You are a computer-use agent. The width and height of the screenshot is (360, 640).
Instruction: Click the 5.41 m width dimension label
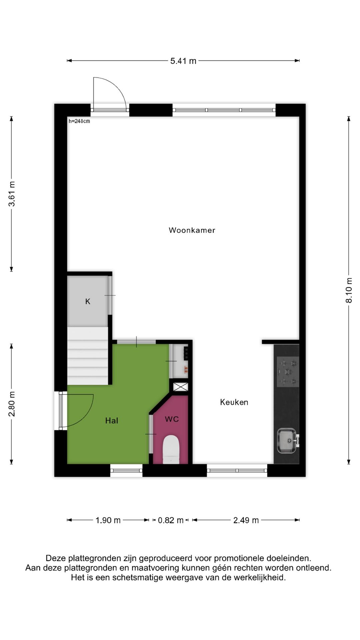pyautogui.click(x=183, y=61)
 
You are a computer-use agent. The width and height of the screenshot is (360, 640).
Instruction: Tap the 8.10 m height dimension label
pyautogui.click(x=349, y=290)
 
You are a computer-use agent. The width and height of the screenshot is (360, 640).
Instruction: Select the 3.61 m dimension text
pyautogui.click(x=12, y=194)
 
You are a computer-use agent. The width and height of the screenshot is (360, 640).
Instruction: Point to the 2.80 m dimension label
pyautogui.click(x=12, y=404)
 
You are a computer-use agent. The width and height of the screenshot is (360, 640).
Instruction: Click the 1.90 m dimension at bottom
pyautogui.click(x=108, y=520)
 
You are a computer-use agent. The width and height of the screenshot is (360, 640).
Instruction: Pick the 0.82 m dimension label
pyautogui.click(x=171, y=520)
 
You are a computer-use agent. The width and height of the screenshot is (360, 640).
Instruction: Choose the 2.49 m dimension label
pyautogui.click(x=246, y=520)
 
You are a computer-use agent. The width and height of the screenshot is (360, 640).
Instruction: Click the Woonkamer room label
pyautogui.click(x=192, y=230)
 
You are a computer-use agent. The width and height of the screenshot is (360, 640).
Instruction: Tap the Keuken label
pyautogui.click(x=234, y=402)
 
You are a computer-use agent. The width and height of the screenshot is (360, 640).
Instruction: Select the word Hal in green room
pyautogui.click(x=112, y=421)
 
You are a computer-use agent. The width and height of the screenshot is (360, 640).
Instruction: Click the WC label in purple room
pyautogui.click(x=172, y=419)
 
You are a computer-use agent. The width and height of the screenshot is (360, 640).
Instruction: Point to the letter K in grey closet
pyautogui.click(x=88, y=301)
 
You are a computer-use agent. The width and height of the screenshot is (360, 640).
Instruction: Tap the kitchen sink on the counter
pyautogui.click(x=287, y=441)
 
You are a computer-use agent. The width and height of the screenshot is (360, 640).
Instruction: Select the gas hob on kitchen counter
pyautogui.click(x=288, y=372)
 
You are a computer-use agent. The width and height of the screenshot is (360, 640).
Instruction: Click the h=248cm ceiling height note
pyautogui.click(x=79, y=121)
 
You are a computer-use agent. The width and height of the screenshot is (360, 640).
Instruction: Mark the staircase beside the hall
pyautogui.click(x=88, y=356)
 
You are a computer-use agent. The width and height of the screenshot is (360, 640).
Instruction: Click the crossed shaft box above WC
pyautogui.click(x=181, y=387)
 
